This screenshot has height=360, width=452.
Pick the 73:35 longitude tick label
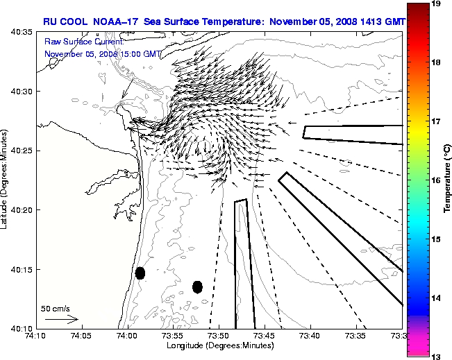[356, 336]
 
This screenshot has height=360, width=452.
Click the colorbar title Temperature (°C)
[448, 180]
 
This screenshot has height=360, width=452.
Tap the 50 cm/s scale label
[56, 308]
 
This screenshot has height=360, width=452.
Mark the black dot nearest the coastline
[140, 273]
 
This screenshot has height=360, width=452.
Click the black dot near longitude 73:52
[197, 286]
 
